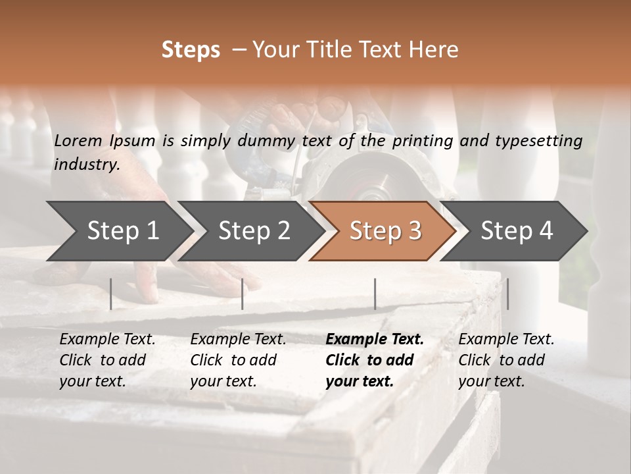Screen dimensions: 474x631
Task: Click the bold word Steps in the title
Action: [x=191, y=50]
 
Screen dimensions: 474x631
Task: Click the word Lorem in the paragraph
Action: [x=78, y=140]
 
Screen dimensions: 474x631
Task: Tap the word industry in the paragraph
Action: [x=86, y=164]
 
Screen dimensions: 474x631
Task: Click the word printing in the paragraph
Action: [x=423, y=140]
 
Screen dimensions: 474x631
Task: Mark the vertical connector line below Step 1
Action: [x=111, y=294]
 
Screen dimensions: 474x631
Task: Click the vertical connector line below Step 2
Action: [x=243, y=294]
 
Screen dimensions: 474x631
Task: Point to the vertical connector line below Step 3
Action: [x=375, y=294]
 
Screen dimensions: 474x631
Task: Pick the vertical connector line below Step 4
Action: [x=507, y=294]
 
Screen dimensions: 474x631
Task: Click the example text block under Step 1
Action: [x=106, y=360]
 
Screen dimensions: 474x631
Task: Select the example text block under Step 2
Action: [x=237, y=360]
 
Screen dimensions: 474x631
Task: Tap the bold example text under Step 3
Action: [x=374, y=360]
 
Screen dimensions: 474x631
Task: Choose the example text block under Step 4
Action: [x=505, y=360]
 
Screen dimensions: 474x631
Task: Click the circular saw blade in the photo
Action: [x=368, y=184]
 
